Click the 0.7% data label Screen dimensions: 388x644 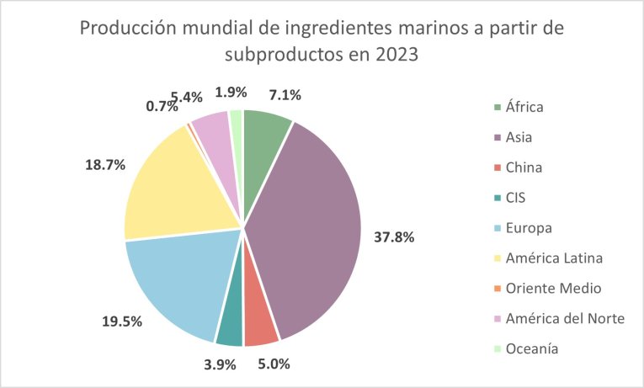pyautogui.click(x=161, y=106)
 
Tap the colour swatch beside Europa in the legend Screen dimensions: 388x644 pyautogui.click(x=499, y=228)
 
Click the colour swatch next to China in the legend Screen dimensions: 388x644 pyautogui.click(x=499, y=167)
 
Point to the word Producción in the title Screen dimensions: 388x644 pyautogui.click(x=123, y=29)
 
